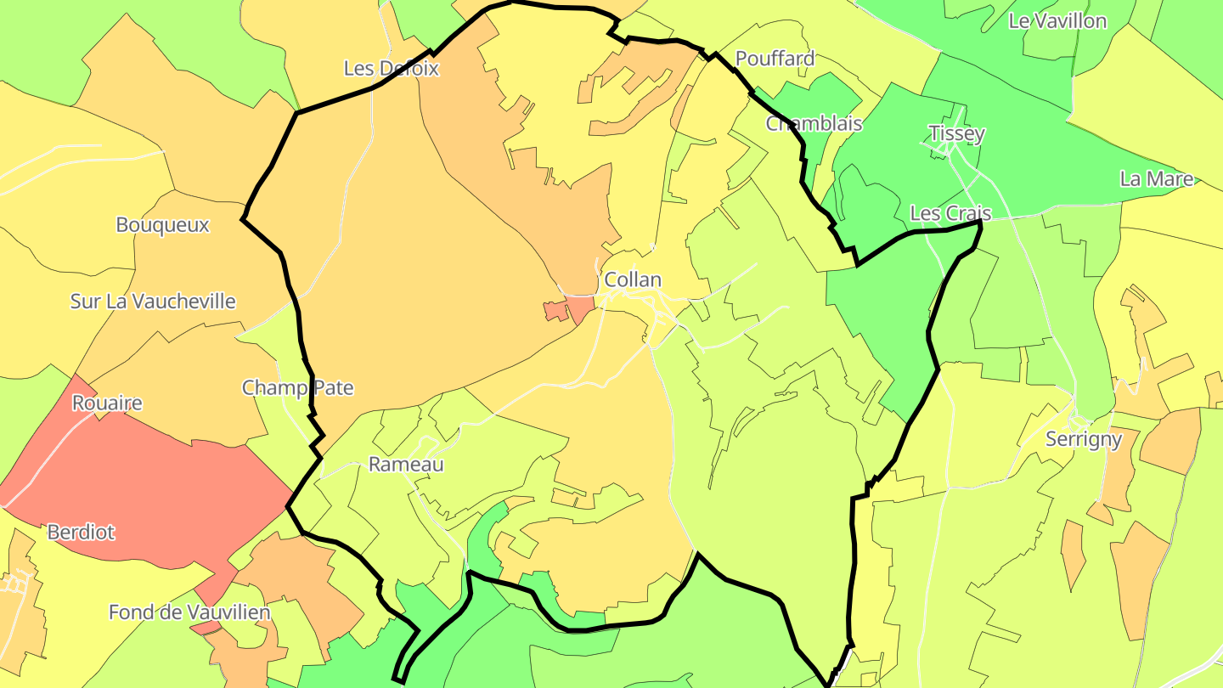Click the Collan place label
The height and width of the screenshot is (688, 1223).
(x=632, y=279)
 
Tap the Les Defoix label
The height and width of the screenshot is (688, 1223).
(x=392, y=69)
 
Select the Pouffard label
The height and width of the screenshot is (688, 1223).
(x=775, y=59)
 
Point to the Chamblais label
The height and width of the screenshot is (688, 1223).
(x=814, y=124)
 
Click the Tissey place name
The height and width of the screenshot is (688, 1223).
(x=956, y=133)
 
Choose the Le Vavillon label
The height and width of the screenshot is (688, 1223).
(x=1057, y=21)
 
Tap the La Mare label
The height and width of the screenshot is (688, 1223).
(x=1157, y=179)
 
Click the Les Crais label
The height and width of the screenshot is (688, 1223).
(x=950, y=213)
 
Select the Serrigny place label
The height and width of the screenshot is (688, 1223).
(x=1084, y=439)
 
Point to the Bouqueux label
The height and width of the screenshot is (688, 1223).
(x=162, y=225)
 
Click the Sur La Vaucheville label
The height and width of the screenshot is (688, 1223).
(x=153, y=302)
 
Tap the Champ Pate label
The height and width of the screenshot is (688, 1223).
(x=297, y=388)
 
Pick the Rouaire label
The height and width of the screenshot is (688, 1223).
(x=107, y=403)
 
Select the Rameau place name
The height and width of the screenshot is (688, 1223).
(x=406, y=465)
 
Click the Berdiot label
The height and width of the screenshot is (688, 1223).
(x=81, y=533)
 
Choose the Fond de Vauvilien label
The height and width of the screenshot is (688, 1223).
(x=189, y=612)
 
